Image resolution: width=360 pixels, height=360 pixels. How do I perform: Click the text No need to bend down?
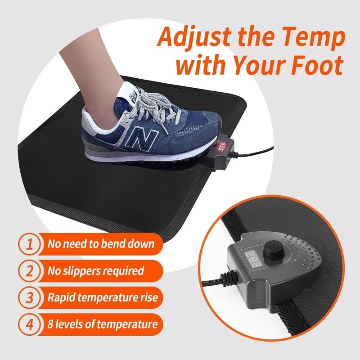coord(101,245)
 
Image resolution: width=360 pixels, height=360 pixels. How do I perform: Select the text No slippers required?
coord(96,271)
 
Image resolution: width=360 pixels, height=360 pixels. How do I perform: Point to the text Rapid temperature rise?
coord(103,298)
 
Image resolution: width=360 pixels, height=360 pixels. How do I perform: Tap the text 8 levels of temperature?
coord(103,324)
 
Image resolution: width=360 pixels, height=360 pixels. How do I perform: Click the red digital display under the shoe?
coord(222,146)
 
